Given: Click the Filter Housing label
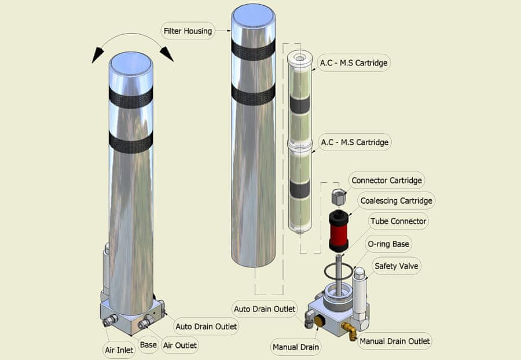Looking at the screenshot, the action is click(188, 31).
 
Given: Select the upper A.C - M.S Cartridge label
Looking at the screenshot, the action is click(354, 63).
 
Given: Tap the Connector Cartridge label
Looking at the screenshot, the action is click(387, 181).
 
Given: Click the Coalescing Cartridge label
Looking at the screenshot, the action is click(396, 201).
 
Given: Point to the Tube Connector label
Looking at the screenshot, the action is click(398, 221).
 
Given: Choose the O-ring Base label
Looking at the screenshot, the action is click(388, 244).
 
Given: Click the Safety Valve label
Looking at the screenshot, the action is click(396, 266).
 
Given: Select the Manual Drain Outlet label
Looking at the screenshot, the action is click(395, 341).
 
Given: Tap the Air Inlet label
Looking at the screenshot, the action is click(119, 350).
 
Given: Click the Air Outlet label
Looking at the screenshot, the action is click(180, 346).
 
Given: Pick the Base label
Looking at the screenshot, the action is click(148, 345).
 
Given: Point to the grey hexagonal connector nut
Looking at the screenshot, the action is click(339, 197).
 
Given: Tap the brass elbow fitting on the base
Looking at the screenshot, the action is click(349, 331).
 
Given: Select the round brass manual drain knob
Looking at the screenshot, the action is click(320, 321).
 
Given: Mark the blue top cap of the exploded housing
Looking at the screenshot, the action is click(253, 16).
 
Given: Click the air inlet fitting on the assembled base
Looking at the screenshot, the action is click(110, 321).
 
